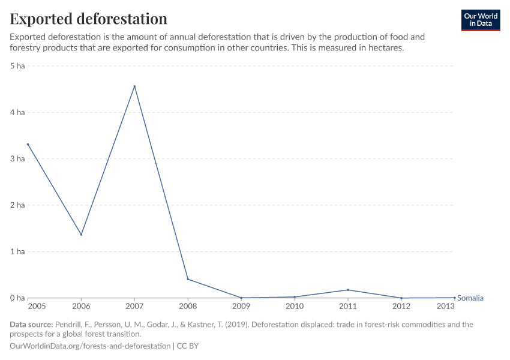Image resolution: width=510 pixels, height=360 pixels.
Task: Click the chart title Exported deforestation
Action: click(88, 19)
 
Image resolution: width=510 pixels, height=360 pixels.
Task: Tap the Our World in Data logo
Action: click(480, 20)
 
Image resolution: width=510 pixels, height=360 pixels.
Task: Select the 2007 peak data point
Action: click(134, 86)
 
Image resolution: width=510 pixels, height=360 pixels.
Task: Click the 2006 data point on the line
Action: click(81, 235)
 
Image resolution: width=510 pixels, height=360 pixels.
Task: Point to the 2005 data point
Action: click(28, 145)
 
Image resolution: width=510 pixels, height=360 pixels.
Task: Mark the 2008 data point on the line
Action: click(188, 279)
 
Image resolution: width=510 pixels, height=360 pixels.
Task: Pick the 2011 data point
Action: click(348, 290)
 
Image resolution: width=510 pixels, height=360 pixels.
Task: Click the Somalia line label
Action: click(470, 298)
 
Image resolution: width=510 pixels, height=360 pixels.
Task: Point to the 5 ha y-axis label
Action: click(17, 65)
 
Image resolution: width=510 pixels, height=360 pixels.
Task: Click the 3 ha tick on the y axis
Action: click(17, 158)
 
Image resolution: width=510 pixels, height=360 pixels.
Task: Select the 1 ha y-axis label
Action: click(17, 251)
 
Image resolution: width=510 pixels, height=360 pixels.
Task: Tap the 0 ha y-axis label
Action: click(17, 298)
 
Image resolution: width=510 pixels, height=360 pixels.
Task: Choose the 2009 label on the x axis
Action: click(241, 307)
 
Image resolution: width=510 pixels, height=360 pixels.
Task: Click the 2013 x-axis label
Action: click(446, 307)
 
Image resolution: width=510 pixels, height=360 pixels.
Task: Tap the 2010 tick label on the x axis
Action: click(295, 307)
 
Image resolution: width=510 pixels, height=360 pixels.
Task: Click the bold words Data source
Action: click(31, 325)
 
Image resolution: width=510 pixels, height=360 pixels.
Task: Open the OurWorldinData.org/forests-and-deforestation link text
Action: click(89, 346)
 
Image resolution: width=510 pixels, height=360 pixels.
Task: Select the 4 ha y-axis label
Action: click(17, 112)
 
